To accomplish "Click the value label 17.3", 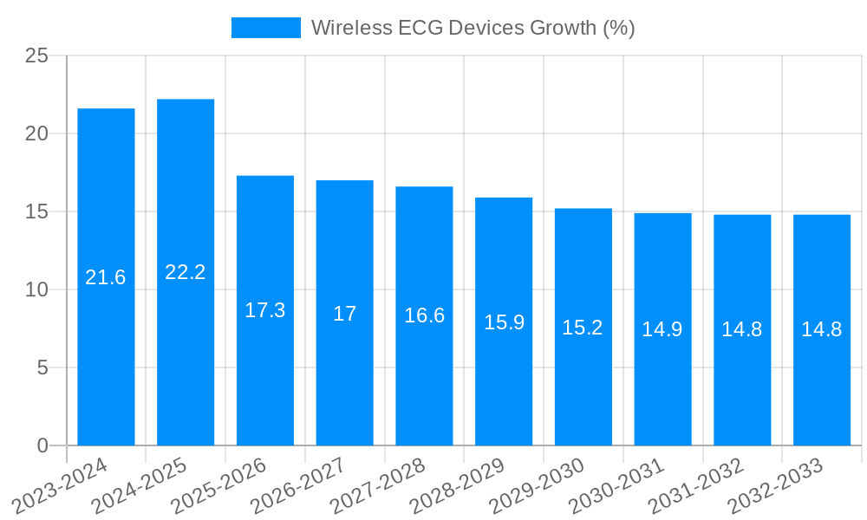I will [x=264, y=310].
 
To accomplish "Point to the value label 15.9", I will [x=504, y=322].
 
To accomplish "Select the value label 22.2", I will [x=186, y=272].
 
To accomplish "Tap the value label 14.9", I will [x=662, y=329].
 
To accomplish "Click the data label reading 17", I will [x=344, y=314].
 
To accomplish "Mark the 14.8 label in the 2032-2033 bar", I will [x=821, y=329].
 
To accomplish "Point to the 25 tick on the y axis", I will [x=36, y=55].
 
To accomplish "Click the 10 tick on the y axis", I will [x=36, y=289].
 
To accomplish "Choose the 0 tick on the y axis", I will [x=42, y=445].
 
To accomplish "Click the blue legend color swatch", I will [x=265, y=28].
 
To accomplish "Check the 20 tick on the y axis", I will [x=36, y=133].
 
